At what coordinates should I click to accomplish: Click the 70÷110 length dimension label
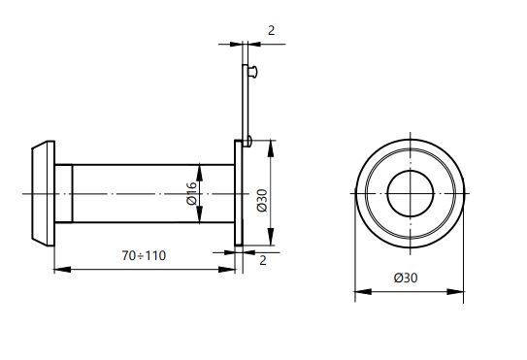(x=144, y=256)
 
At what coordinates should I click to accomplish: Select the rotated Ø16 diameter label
(x=191, y=193)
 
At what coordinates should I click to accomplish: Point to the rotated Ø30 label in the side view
(x=262, y=200)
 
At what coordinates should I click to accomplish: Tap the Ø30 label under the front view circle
(x=406, y=278)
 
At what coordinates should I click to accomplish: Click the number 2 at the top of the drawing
(x=271, y=31)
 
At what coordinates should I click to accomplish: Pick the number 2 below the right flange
(x=263, y=260)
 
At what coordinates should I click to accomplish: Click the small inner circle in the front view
(x=411, y=194)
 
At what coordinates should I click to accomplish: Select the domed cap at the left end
(x=43, y=194)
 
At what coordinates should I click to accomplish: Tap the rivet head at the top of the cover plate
(x=253, y=72)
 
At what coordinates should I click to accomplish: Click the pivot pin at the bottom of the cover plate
(x=247, y=141)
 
